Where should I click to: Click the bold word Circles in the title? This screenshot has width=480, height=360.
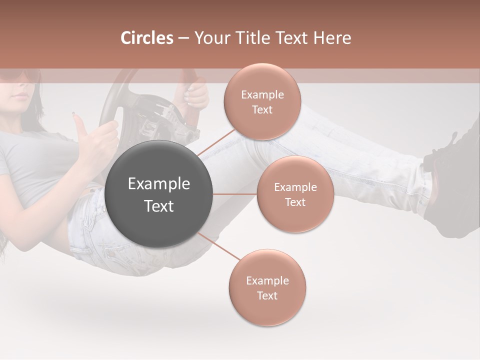coord(146,38)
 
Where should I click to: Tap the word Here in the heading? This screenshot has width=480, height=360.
coord(333,38)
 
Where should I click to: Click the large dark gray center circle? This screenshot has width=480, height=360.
coord(159,194)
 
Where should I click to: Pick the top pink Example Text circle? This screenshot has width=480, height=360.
coord(262,101)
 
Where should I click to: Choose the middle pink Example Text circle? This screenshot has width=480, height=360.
coord(295,194)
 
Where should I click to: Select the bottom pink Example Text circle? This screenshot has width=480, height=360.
coord(267,287)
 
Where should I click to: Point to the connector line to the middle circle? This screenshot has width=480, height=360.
coord(235,194)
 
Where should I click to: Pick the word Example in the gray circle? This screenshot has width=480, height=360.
coord(159,184)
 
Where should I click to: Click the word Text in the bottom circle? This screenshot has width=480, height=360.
coord(267,295)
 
